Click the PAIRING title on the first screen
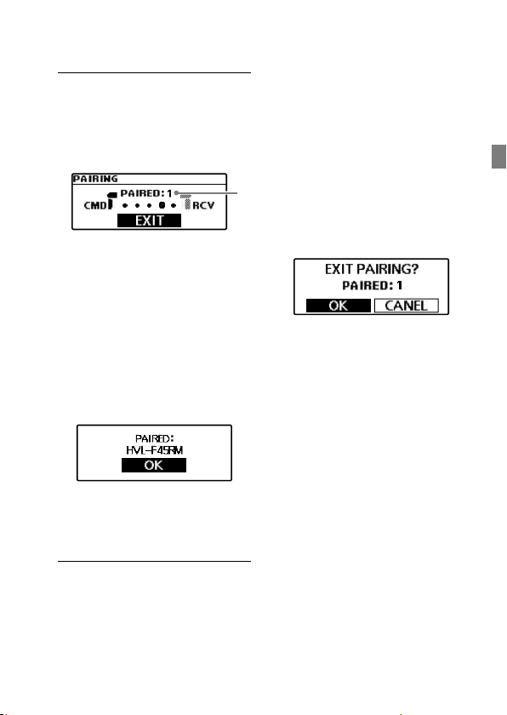point(95,179)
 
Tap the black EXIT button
point(150,220)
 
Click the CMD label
point(95,206)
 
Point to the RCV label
point(203,206)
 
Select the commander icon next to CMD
point(111,201)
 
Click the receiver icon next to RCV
point(185,202)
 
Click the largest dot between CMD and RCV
point(162,206)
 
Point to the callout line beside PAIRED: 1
point(207,193)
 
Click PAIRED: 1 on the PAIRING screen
point(145,193)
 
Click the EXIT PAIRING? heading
point(371,269)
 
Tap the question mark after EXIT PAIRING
point(414,269)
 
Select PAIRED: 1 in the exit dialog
point(372,286)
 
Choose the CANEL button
point(407,306)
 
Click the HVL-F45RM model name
point(155,450)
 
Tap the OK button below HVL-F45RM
point(153,465)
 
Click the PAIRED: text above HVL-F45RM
point(155,438)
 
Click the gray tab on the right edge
point(498,157)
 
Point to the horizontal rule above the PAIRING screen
point(155,72)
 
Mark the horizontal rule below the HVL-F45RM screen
point(155,561)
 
